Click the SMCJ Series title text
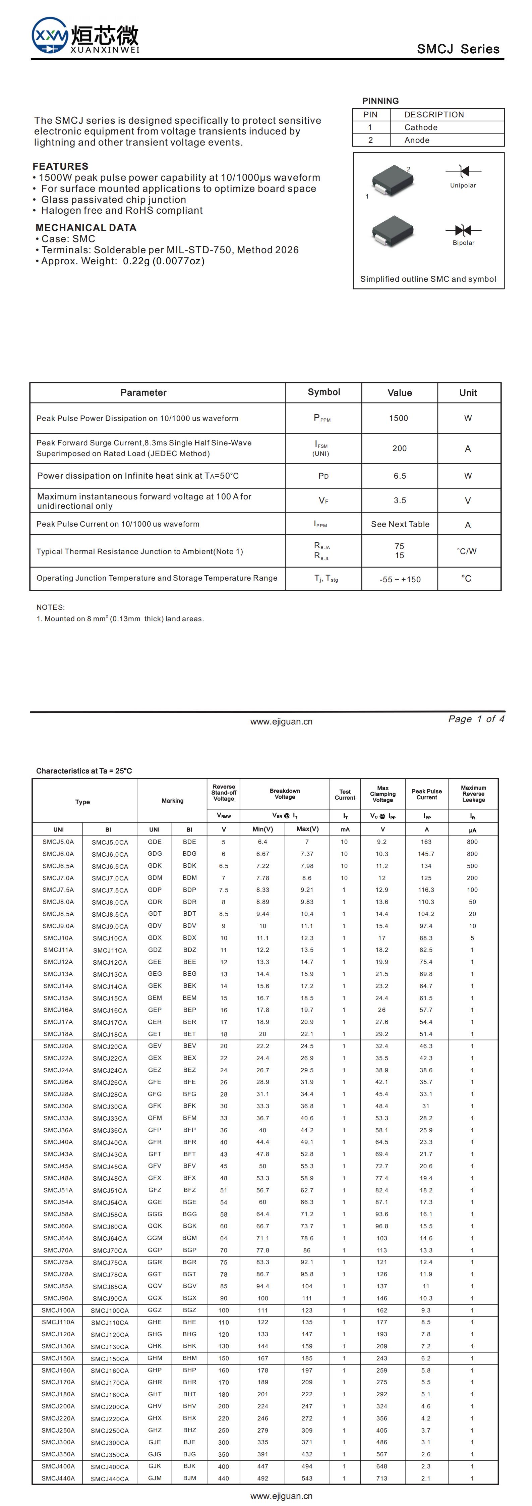coord(458,49)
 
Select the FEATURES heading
coord(61,166)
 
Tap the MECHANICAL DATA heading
coord(86,227)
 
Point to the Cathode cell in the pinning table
coord(421,127)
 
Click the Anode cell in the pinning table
coord(417,140)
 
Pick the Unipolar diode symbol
coord(464,171)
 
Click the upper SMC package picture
coord(393,178)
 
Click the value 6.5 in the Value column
coord(399,476)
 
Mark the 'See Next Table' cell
coord(400,524)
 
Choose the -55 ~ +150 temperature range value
coord(400,579)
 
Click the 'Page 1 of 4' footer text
coord(476,719)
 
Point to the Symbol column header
coord(324,392)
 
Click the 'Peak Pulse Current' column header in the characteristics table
coord(426,794)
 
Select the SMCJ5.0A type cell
coord(58,842)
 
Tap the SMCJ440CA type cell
coord(110,1478)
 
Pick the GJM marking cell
coord(154,1478)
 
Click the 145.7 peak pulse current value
coord(426,854)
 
